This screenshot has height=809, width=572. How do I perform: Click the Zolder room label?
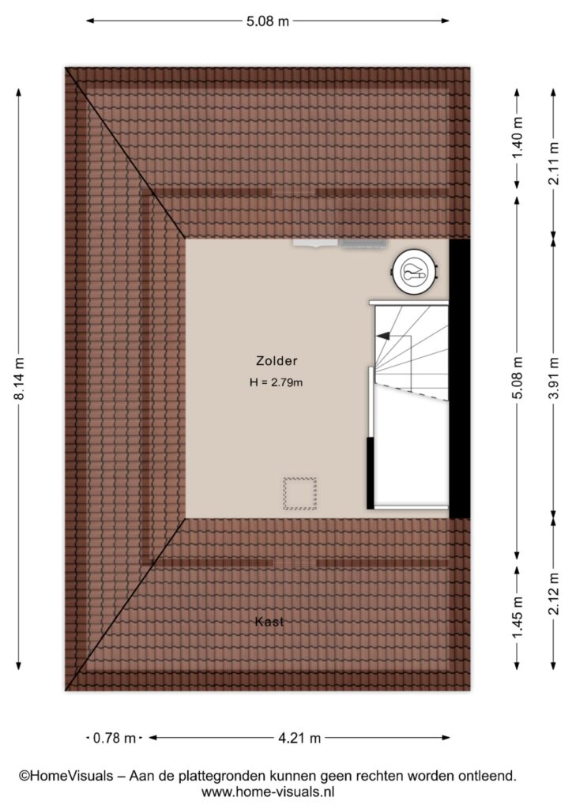point(277,360)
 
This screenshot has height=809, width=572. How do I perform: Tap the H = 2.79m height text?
point(276,382)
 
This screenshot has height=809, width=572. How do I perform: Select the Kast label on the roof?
point(269,622)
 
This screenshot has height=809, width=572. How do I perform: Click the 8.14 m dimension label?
point(19,378)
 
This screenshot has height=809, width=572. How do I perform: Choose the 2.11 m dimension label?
point(554,164)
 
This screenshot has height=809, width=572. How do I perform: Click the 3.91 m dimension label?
point(554,378)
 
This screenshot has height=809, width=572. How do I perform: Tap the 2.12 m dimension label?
point(554,594)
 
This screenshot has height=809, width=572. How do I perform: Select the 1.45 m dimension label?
point(518,616)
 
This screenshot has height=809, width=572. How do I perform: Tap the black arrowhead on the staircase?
point(383,336)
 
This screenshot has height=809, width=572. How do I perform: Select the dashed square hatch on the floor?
point(299,494)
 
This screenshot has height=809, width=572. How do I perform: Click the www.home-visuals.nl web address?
point(268,792)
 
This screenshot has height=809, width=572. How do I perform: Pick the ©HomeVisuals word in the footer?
point(66,776)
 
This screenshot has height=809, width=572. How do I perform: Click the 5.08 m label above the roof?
point(268,21)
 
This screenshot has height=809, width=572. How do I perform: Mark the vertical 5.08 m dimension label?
point(518,378)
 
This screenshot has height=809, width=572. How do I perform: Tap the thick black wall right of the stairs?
point(460,378)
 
